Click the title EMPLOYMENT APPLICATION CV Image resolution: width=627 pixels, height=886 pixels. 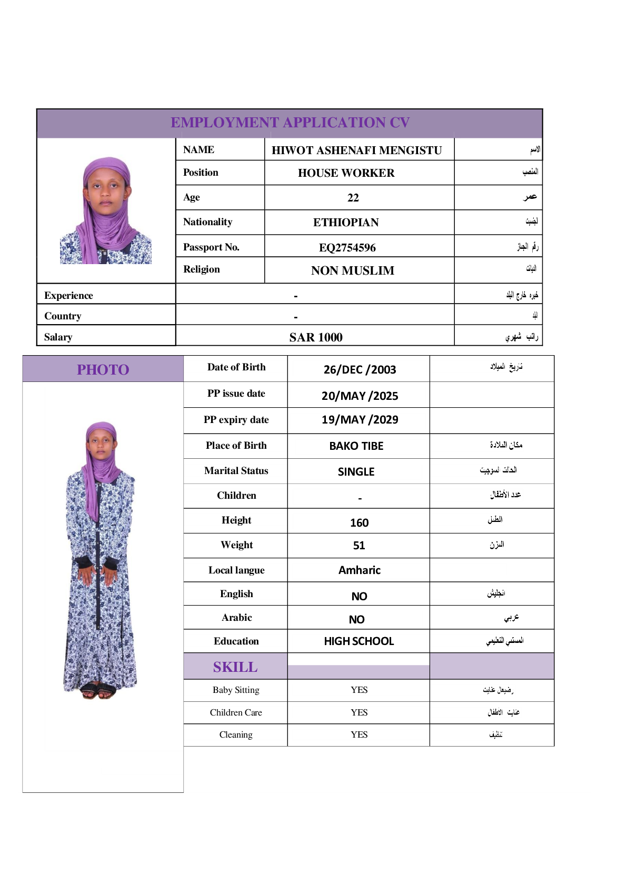point(290,123)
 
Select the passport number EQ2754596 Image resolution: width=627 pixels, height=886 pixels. point(347,247)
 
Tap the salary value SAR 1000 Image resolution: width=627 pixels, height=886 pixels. point(316,337)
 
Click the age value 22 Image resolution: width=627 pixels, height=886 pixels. point(353,198)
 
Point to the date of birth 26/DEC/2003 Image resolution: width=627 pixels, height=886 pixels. point(360,369)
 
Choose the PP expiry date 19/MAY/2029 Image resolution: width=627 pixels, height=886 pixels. point(360,420)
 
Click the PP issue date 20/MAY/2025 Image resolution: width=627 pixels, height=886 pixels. point(360,396)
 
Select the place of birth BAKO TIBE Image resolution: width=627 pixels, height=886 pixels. point(356,446)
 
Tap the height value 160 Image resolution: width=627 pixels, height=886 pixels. point(359,522)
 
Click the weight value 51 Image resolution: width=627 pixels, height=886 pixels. point(359,546)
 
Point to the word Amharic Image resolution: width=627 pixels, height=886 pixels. point(359,570)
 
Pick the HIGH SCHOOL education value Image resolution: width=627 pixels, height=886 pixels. point(359,641)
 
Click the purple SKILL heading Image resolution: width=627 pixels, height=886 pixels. point(235,667)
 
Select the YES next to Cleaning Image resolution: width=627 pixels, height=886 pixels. point(359,735)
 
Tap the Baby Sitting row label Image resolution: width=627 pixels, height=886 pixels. point(236,690)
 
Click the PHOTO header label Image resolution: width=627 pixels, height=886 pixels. point(103,370)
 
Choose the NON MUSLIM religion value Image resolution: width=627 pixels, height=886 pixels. point(353,271)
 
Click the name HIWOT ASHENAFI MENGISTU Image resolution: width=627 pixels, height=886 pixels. point(356,150)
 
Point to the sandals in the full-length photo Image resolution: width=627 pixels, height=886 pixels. point(99,691)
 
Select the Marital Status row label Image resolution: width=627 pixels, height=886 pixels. point(236,471)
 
